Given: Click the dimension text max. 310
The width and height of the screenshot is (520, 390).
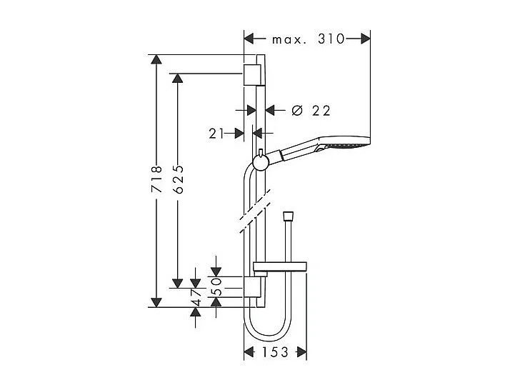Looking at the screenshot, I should tap(308, 39).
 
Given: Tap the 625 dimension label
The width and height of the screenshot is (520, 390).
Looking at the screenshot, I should tap(179, 179).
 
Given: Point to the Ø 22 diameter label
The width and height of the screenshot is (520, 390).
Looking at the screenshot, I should tap(311, 110).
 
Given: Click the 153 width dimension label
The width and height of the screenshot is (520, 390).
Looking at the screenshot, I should tap(275, 352).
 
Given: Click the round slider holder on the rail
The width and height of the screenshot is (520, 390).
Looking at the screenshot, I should tap(261, 162).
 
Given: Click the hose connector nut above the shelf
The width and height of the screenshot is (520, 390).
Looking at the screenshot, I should tap(288, 215).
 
